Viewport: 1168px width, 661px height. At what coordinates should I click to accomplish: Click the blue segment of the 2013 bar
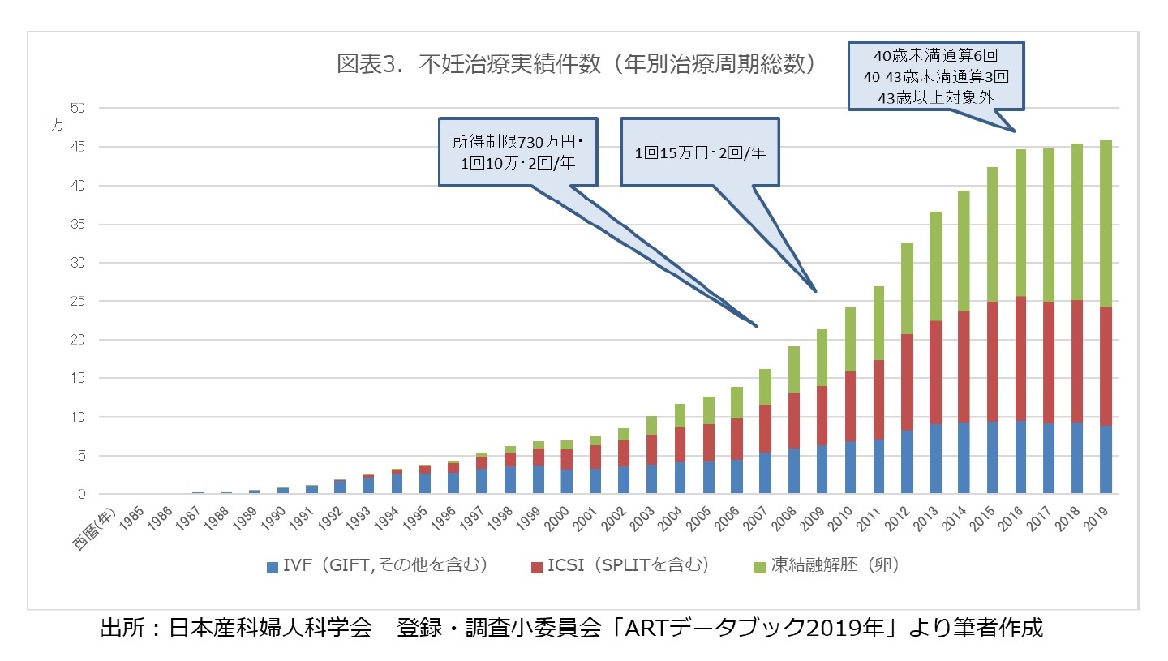coord(935,458)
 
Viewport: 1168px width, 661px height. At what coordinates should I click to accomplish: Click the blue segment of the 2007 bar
coord(765,473)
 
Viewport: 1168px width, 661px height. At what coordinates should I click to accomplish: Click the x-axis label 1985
coord(135,516)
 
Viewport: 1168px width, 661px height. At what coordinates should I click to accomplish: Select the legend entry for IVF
coord(377,566)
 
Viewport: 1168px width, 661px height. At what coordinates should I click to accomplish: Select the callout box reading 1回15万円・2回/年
coord(698,152)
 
